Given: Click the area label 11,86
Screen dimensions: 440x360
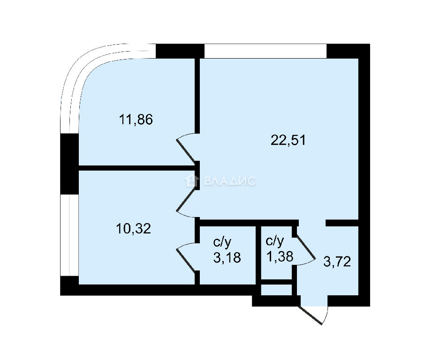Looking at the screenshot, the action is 136,120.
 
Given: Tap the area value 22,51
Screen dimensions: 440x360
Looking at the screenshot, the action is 288,140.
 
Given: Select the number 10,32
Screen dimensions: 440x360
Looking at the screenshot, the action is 133,229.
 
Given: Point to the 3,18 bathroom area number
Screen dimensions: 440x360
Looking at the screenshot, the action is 227,257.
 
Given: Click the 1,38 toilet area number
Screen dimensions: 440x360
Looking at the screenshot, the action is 280,256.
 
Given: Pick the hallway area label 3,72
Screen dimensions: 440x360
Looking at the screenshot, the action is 337,262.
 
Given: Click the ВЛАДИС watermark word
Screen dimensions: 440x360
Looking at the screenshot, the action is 229,181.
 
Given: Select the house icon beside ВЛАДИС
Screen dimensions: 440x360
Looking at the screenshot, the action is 192,180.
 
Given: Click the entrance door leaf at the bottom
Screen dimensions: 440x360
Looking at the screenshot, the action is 311,315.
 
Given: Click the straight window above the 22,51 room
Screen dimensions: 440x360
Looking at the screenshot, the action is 266,51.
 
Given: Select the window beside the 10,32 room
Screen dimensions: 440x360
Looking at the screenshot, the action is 69,235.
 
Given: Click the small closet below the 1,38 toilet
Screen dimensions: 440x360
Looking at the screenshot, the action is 276,290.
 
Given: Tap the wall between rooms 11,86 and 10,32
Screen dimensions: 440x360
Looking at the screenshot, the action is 137,168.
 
